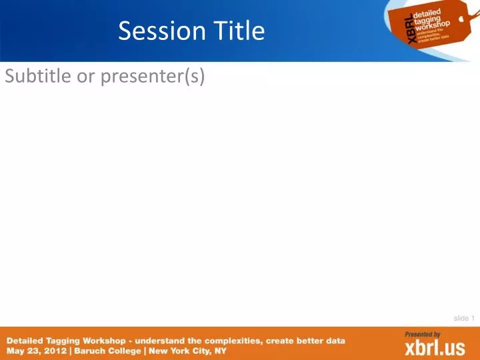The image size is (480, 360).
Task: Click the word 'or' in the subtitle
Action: pyautogui.click(x=86, y=77)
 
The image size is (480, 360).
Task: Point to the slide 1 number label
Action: pyautogui.click(x=463, y=318)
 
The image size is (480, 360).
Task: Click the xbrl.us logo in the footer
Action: pyautogui.click(x=435, y=348)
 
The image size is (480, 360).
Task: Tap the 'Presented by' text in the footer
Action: pyautogui.click(x=423, y=334)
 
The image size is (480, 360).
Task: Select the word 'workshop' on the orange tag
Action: pyautogui.click(x=434, y=25)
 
